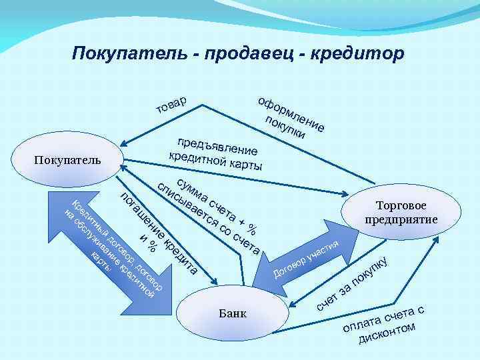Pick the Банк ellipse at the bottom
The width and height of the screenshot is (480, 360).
[233, 313]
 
